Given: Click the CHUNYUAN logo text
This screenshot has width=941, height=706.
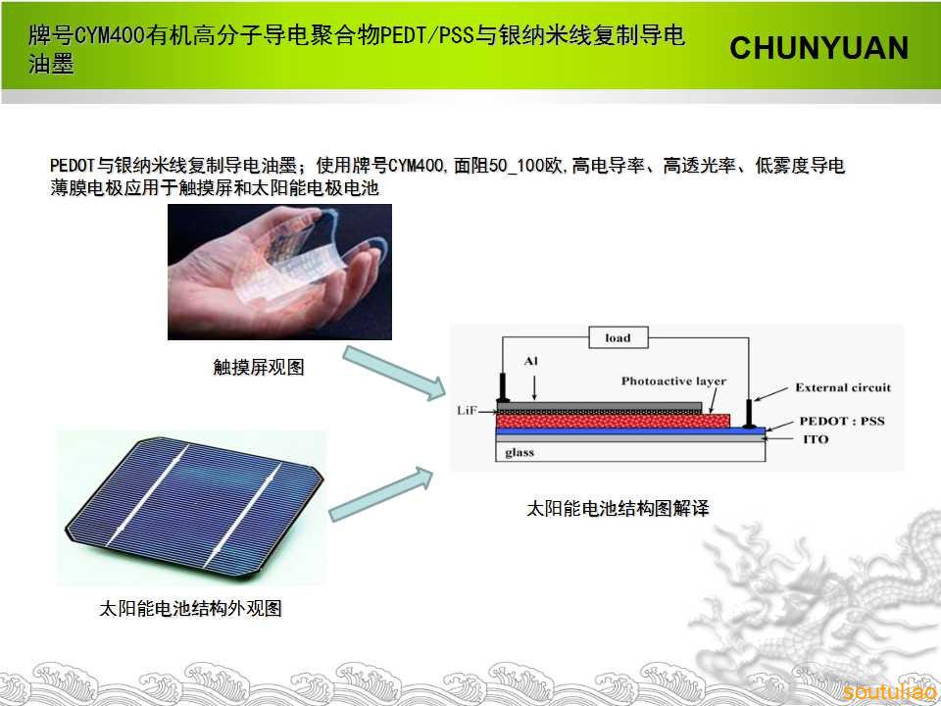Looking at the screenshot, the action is [x=818, y=48].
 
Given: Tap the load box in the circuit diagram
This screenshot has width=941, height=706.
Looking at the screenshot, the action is [x=619, y=337].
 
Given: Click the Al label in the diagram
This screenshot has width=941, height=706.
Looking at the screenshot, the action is [x=530, y=361].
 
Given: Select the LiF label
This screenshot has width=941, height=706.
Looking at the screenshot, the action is [x=467, y=411].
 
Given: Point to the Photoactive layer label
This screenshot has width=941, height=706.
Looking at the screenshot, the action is [x=673, y=380].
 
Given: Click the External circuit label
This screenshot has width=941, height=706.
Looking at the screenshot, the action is [x=843, y=387].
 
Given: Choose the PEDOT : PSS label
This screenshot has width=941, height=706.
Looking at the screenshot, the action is [x=842, y=421].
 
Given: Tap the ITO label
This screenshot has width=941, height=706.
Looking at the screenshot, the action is [x=816, y=439].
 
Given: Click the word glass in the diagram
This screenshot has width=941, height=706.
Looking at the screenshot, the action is [x=520, y=453].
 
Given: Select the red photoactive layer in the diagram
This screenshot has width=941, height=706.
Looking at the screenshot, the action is [x=613, y=421].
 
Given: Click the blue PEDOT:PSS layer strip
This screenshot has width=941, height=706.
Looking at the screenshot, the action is [x=630, y=431].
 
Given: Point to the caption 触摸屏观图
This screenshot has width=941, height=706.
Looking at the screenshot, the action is [x=259, y=367].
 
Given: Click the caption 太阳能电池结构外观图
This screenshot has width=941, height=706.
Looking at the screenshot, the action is [x=190, y=608].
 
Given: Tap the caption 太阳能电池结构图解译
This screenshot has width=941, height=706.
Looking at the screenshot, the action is [x=618, y=509].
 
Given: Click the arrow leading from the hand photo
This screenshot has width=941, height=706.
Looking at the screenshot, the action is [x=394, y=373].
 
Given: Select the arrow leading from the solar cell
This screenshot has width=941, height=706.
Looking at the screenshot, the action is [x=381, y=493].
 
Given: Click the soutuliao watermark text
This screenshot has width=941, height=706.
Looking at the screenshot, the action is [x=889, y=691].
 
